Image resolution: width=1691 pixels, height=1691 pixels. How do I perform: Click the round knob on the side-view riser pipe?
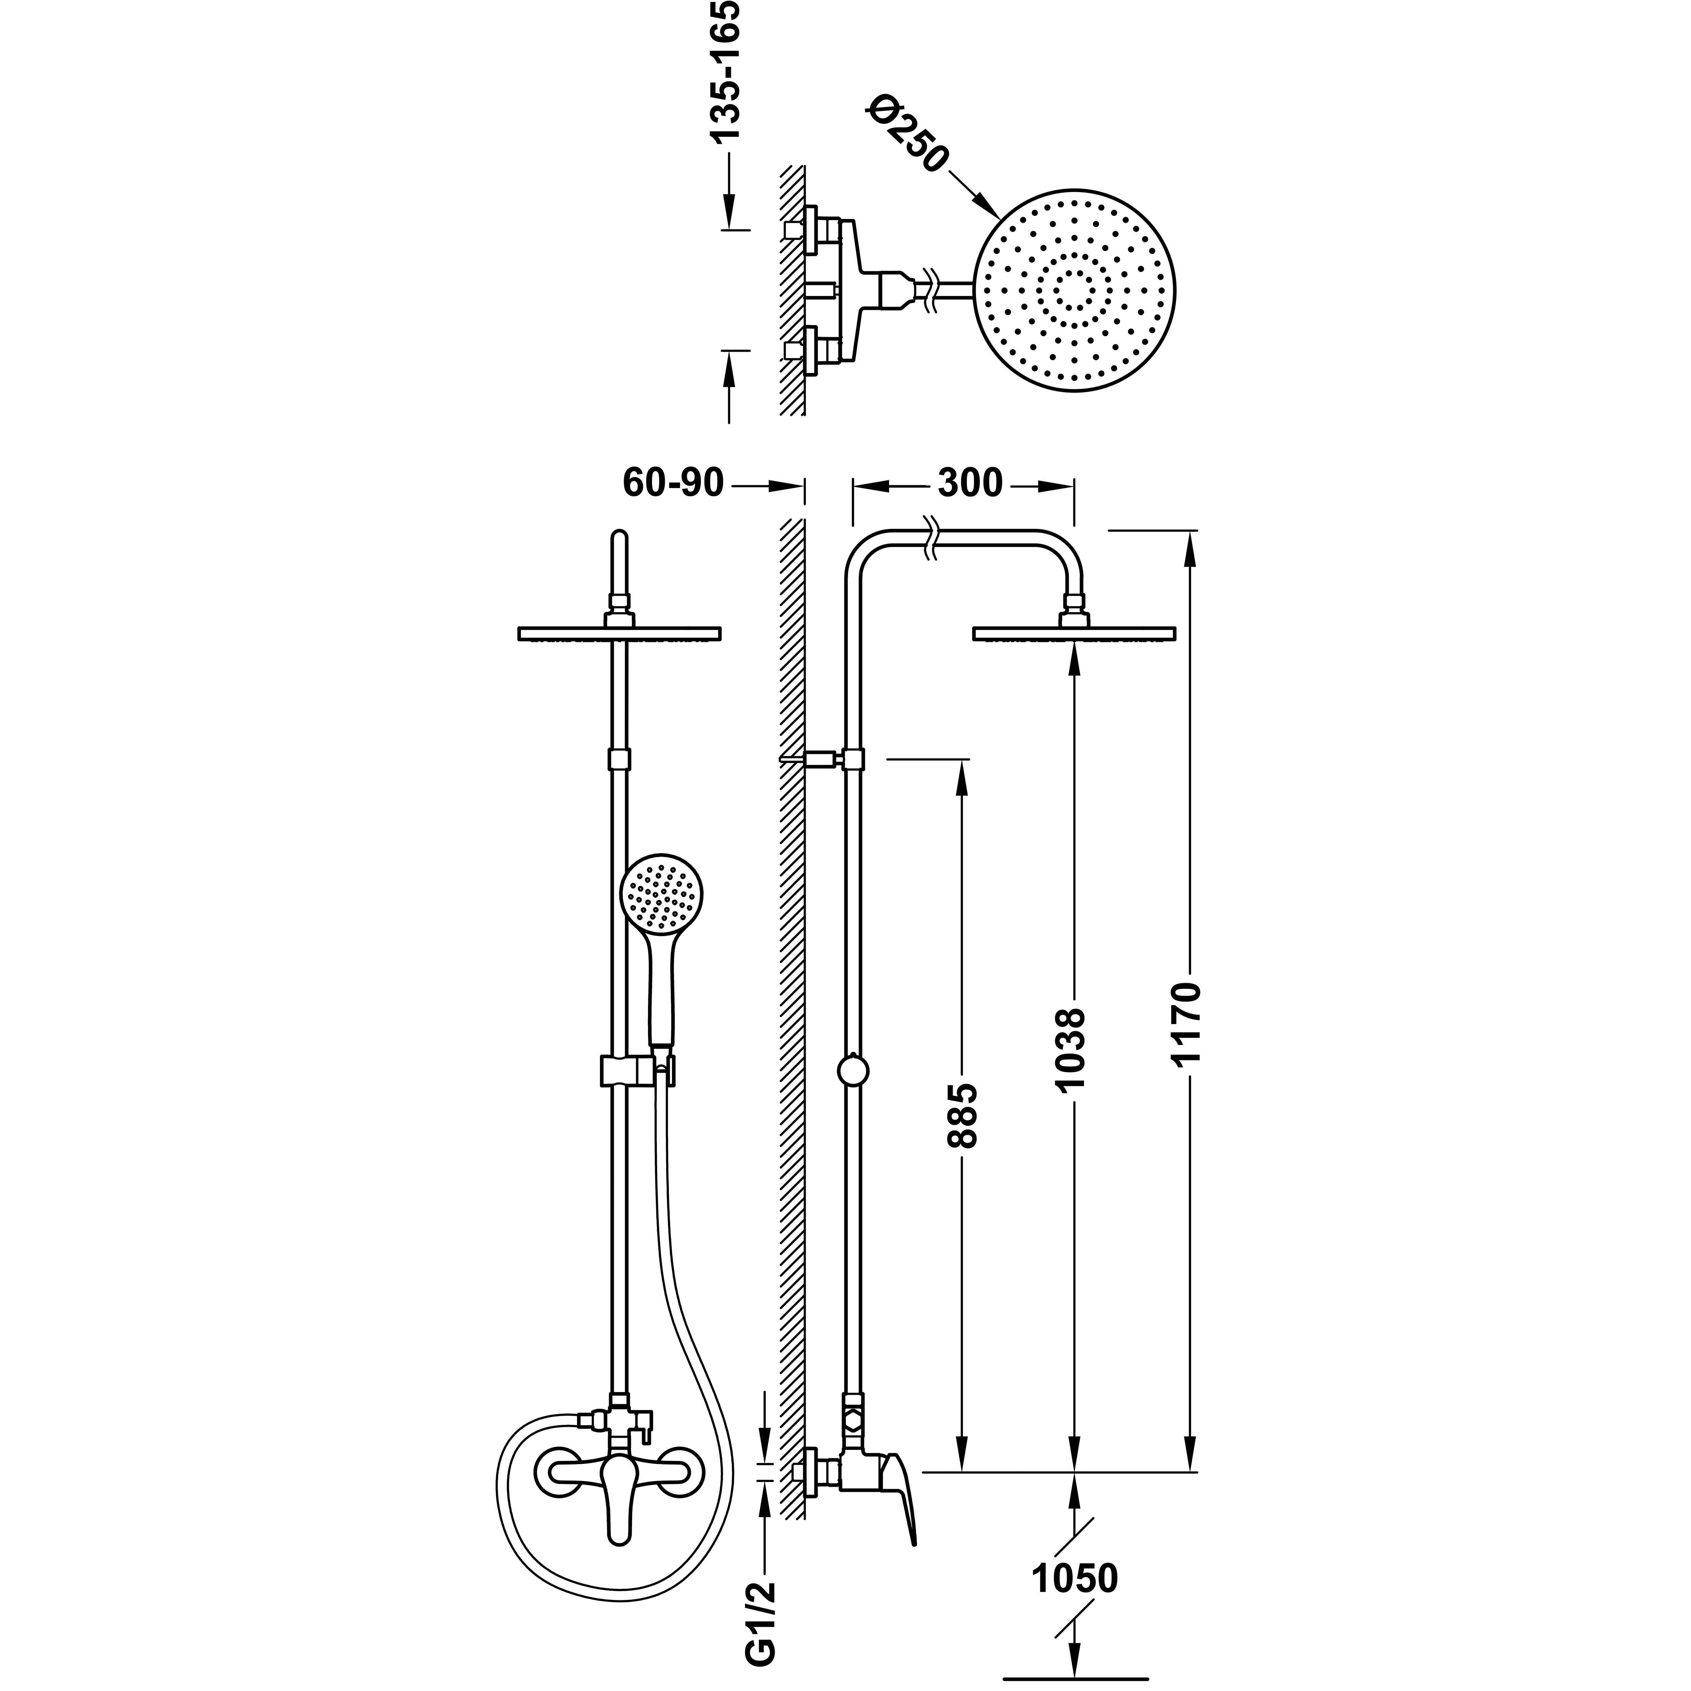point(853,1070)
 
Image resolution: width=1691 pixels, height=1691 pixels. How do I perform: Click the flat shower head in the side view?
point(1074,633)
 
